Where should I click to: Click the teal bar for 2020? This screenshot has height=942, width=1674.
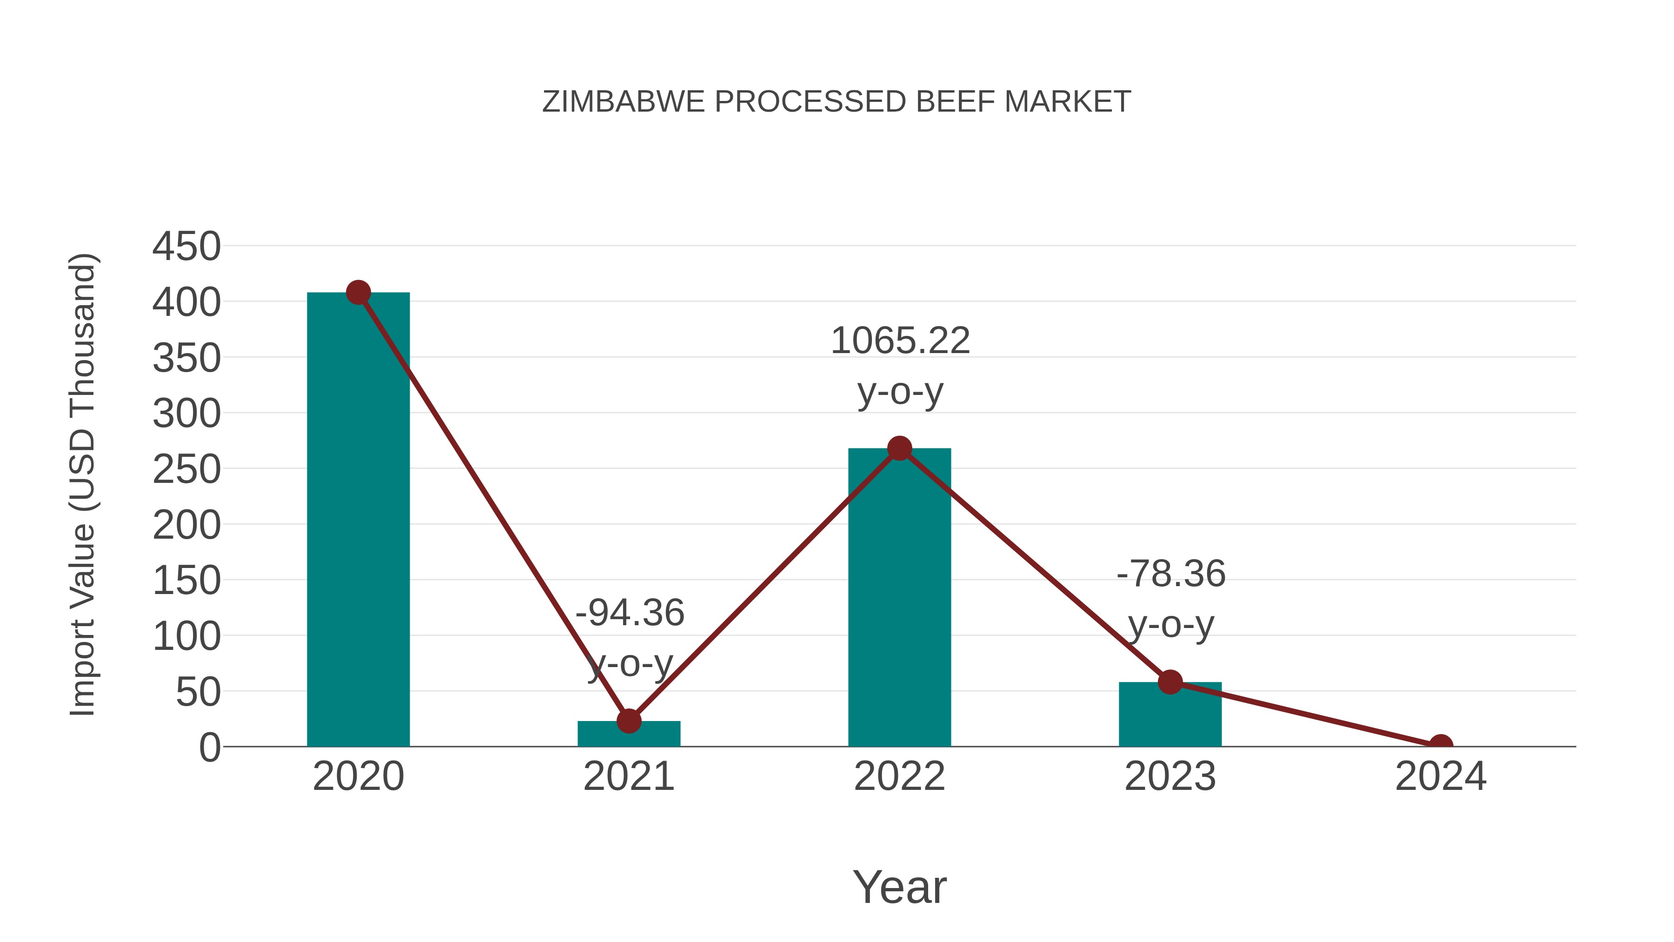pos(358,520)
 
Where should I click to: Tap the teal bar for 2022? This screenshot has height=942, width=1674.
pos(899,598)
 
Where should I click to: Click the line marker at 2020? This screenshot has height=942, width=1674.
pos(358,293)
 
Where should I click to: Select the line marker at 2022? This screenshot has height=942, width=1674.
pos(899,448)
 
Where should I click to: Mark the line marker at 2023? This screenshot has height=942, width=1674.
pos(1170,682)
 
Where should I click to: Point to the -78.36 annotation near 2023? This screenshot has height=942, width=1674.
pos(1171,574)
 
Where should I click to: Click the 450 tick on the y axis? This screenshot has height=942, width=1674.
pos(186,247)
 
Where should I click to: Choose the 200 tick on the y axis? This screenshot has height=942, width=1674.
pos(186,525)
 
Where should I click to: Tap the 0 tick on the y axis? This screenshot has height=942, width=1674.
pos(209,748)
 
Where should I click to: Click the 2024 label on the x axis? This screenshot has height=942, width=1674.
pos(1441,776)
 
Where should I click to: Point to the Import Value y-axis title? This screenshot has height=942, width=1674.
pos(83,484)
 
